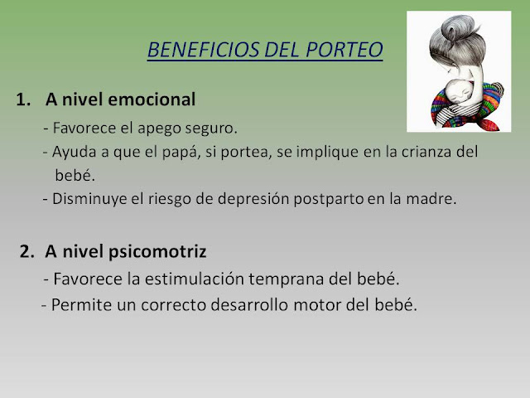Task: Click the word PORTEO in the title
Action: tap(344, 50)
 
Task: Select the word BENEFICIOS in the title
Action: tap(204, 50)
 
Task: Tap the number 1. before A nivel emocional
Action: tap(23, 99)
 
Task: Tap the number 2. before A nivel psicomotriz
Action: tap(26, 251)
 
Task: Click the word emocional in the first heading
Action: tap(152, 99)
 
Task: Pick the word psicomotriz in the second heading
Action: tap(157, 252)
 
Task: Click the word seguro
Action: tap(211, 129)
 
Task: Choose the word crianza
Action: tap(427, 151)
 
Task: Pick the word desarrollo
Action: tap(250, 305)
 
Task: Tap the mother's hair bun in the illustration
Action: tap(459, 28)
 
